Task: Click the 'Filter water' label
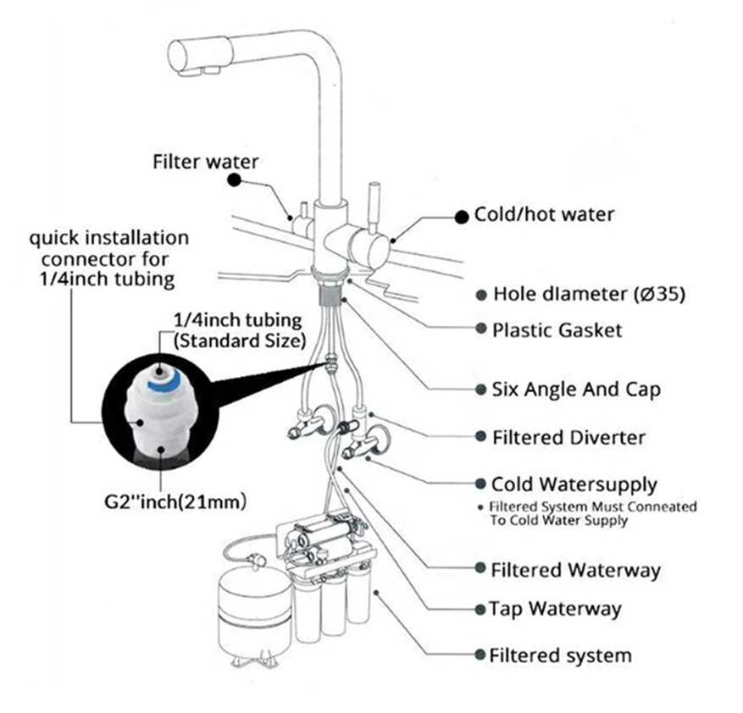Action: tap(205, 161)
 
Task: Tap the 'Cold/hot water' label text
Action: tap(544, 215)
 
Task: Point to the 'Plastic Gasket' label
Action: tap(557, 330)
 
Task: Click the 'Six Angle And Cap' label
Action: tap(576, 390)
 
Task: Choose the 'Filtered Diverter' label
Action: tap(568, 438)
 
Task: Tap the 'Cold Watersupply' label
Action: tap(574, 484)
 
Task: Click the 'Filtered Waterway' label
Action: tap(575, 570)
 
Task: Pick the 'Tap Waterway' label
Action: tap(555, 609)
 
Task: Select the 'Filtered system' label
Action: tap(560, 655)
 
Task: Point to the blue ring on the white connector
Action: tap(161, 383)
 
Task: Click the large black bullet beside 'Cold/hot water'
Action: tap(462, 217)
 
